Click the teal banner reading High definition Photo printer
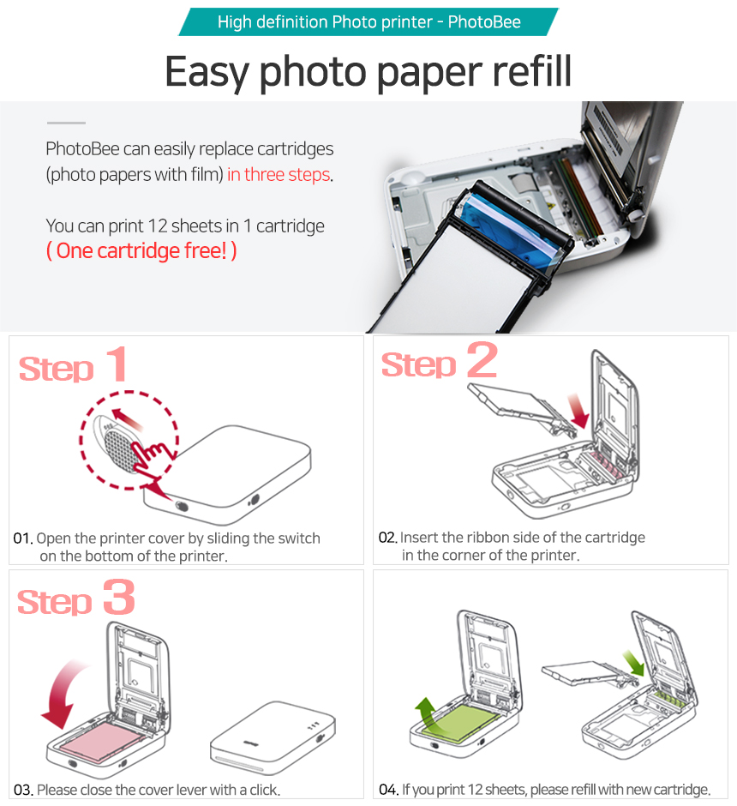click(x=368, y=21)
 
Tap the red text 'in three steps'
click(x=279, y=175)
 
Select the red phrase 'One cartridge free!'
click(x=141, y=251)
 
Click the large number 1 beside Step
click(x=117, y=364)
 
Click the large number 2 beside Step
click(x=482, y=360)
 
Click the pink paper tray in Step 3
click(x=103, y=740)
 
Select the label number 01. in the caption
click(x=23, y=538)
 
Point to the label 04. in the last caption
click(x=389, y=790)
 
